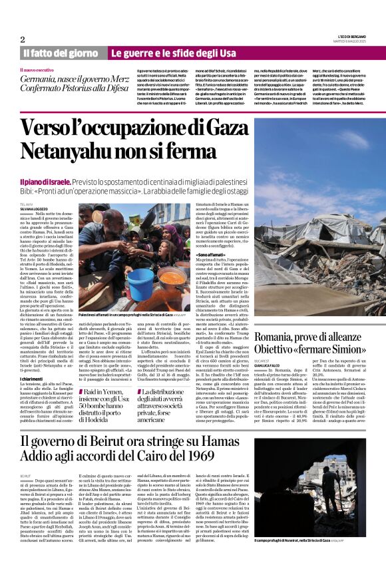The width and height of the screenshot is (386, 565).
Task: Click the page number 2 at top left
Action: [22, 39]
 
